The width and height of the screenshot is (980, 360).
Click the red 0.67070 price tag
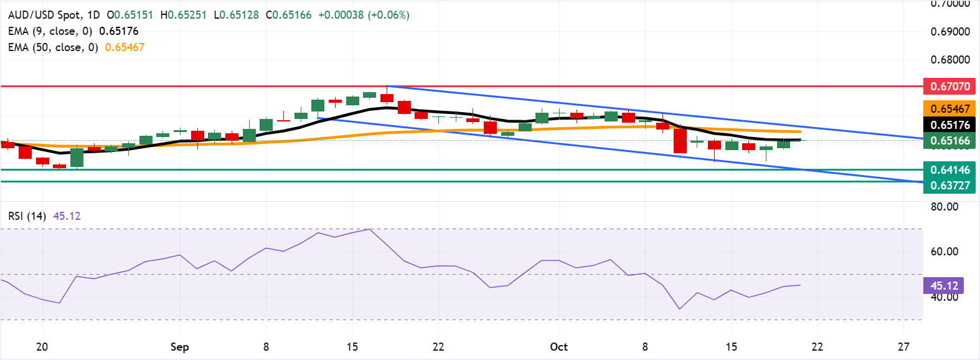pyautogui.click(x=949, y=87)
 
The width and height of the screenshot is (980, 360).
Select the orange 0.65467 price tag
pyautogui.click(x=949, y=109)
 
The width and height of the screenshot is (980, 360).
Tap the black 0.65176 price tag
pyautogui.click(x=949, y=125)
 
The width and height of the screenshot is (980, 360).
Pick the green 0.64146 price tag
pyautogui.click(x=949, y=170)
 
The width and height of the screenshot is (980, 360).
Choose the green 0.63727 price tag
pyautogui.click(x=949, y=186)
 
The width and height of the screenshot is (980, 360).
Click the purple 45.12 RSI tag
pyautogui.click(x=943, y=286)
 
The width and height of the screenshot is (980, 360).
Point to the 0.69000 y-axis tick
pyautogui.click(x=950, y=32)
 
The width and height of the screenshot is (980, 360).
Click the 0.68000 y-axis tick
pyautogui.click(x=950, y=60)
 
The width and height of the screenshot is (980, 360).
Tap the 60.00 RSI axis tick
pyautogui.click(x=944, y=252)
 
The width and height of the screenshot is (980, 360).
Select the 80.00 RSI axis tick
pyautogui.click(x=944, y=207)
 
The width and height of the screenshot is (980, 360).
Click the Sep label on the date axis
pyautogui.click(x=179, y=347)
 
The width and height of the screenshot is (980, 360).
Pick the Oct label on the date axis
pyautogui.click(x=558, y=347)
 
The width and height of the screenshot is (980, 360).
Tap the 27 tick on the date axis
pyautogui.click(x=903, y=347)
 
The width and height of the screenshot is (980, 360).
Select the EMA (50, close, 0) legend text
pyautogui.click(x=53, y=47)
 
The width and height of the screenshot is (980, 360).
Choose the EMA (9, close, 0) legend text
pyautogui.click(x=50, y=31)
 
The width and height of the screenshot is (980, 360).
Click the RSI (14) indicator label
pyautogui.click(x=27, y=216)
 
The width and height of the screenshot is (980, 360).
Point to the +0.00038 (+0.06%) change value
pyautogui.click(x=364, y=15)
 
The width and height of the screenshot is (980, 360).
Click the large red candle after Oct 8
pyautogui.click(x=680, y=141)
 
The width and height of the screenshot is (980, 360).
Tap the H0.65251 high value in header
pyautogui.click(x=183, y=15)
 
